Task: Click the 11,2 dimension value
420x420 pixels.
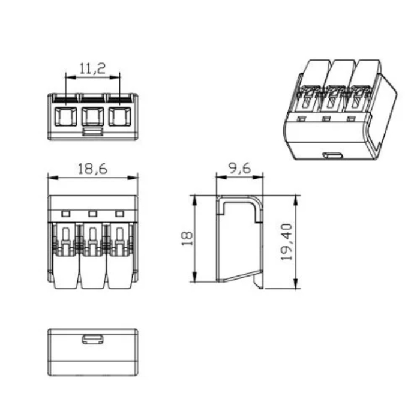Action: pyautogui.click(x=92, y=68)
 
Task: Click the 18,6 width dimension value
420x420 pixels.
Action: pyautogui.click(x=92, y=169)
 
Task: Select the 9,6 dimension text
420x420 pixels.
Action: pyautogui.click(x=239, y=169)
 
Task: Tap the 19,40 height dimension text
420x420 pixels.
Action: pyautogui.click(x=287, y=242)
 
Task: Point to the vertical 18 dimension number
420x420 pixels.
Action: pyautogui.click(x=187, y=238)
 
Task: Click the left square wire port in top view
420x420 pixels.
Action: pyautogui.click(x=65, y=116)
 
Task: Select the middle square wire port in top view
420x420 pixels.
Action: pyautogui.click(x=92, y=116)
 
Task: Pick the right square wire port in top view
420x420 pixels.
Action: pyautogui.click(x=120, y=116)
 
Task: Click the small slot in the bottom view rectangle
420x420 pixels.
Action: pyautogui.click(x=92, y=339)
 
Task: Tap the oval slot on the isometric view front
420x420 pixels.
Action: pyautogui.click(x=332, y=155)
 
